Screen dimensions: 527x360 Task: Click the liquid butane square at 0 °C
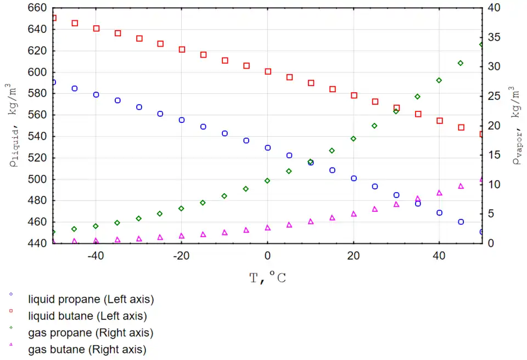tap(268, 71)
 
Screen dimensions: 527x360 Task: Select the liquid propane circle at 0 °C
tap(268, 148)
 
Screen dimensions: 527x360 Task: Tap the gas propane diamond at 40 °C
tap(439, 80)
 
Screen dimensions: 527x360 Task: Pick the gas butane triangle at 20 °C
tap(354, 213)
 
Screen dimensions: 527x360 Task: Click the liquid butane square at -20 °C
tap(182, 49)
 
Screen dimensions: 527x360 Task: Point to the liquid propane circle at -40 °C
tap(96, 94)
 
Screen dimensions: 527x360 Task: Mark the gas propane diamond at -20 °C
tap(182, 208)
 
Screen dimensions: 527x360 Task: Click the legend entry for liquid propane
tap(91, 300)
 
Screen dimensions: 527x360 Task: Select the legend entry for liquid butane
tap(87, 316)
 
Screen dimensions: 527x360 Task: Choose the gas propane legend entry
tap(90, 333)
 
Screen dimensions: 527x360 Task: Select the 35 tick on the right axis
tap(494, 37)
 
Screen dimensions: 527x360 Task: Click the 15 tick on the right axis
tap(494, 155)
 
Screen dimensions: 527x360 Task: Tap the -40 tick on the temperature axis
tap(96, 255)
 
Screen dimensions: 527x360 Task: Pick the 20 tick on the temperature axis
tap(353, 255)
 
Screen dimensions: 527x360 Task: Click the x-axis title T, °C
tap(267, 278)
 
